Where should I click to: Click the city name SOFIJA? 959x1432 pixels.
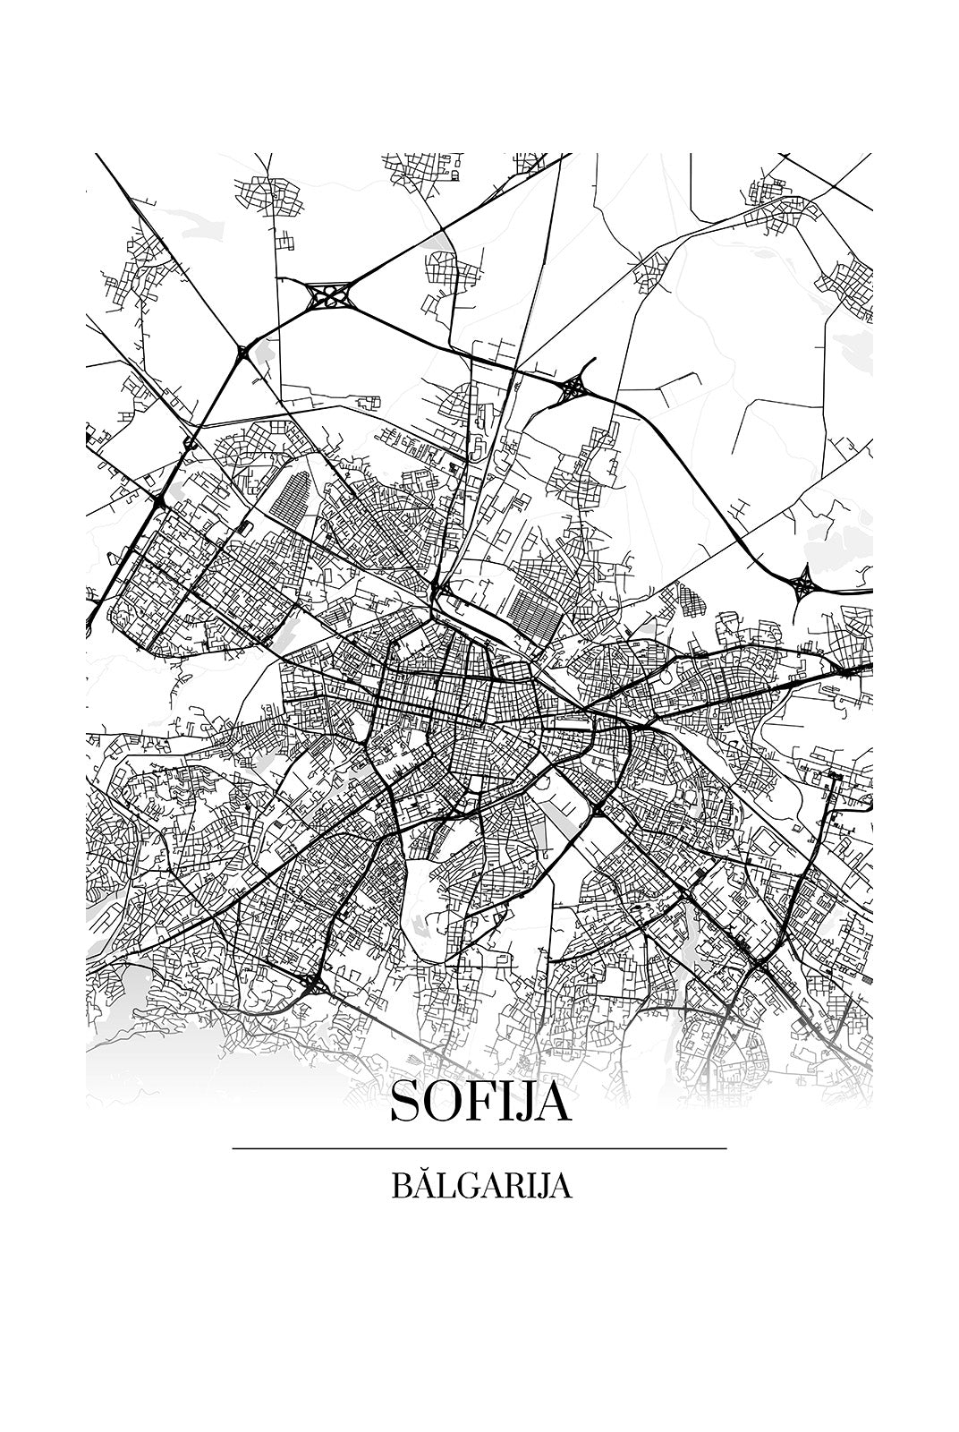coord(479,1103)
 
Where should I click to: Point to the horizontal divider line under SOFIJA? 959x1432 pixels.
coord(479,1148)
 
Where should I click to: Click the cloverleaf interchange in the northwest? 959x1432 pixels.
coord(328,294)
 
